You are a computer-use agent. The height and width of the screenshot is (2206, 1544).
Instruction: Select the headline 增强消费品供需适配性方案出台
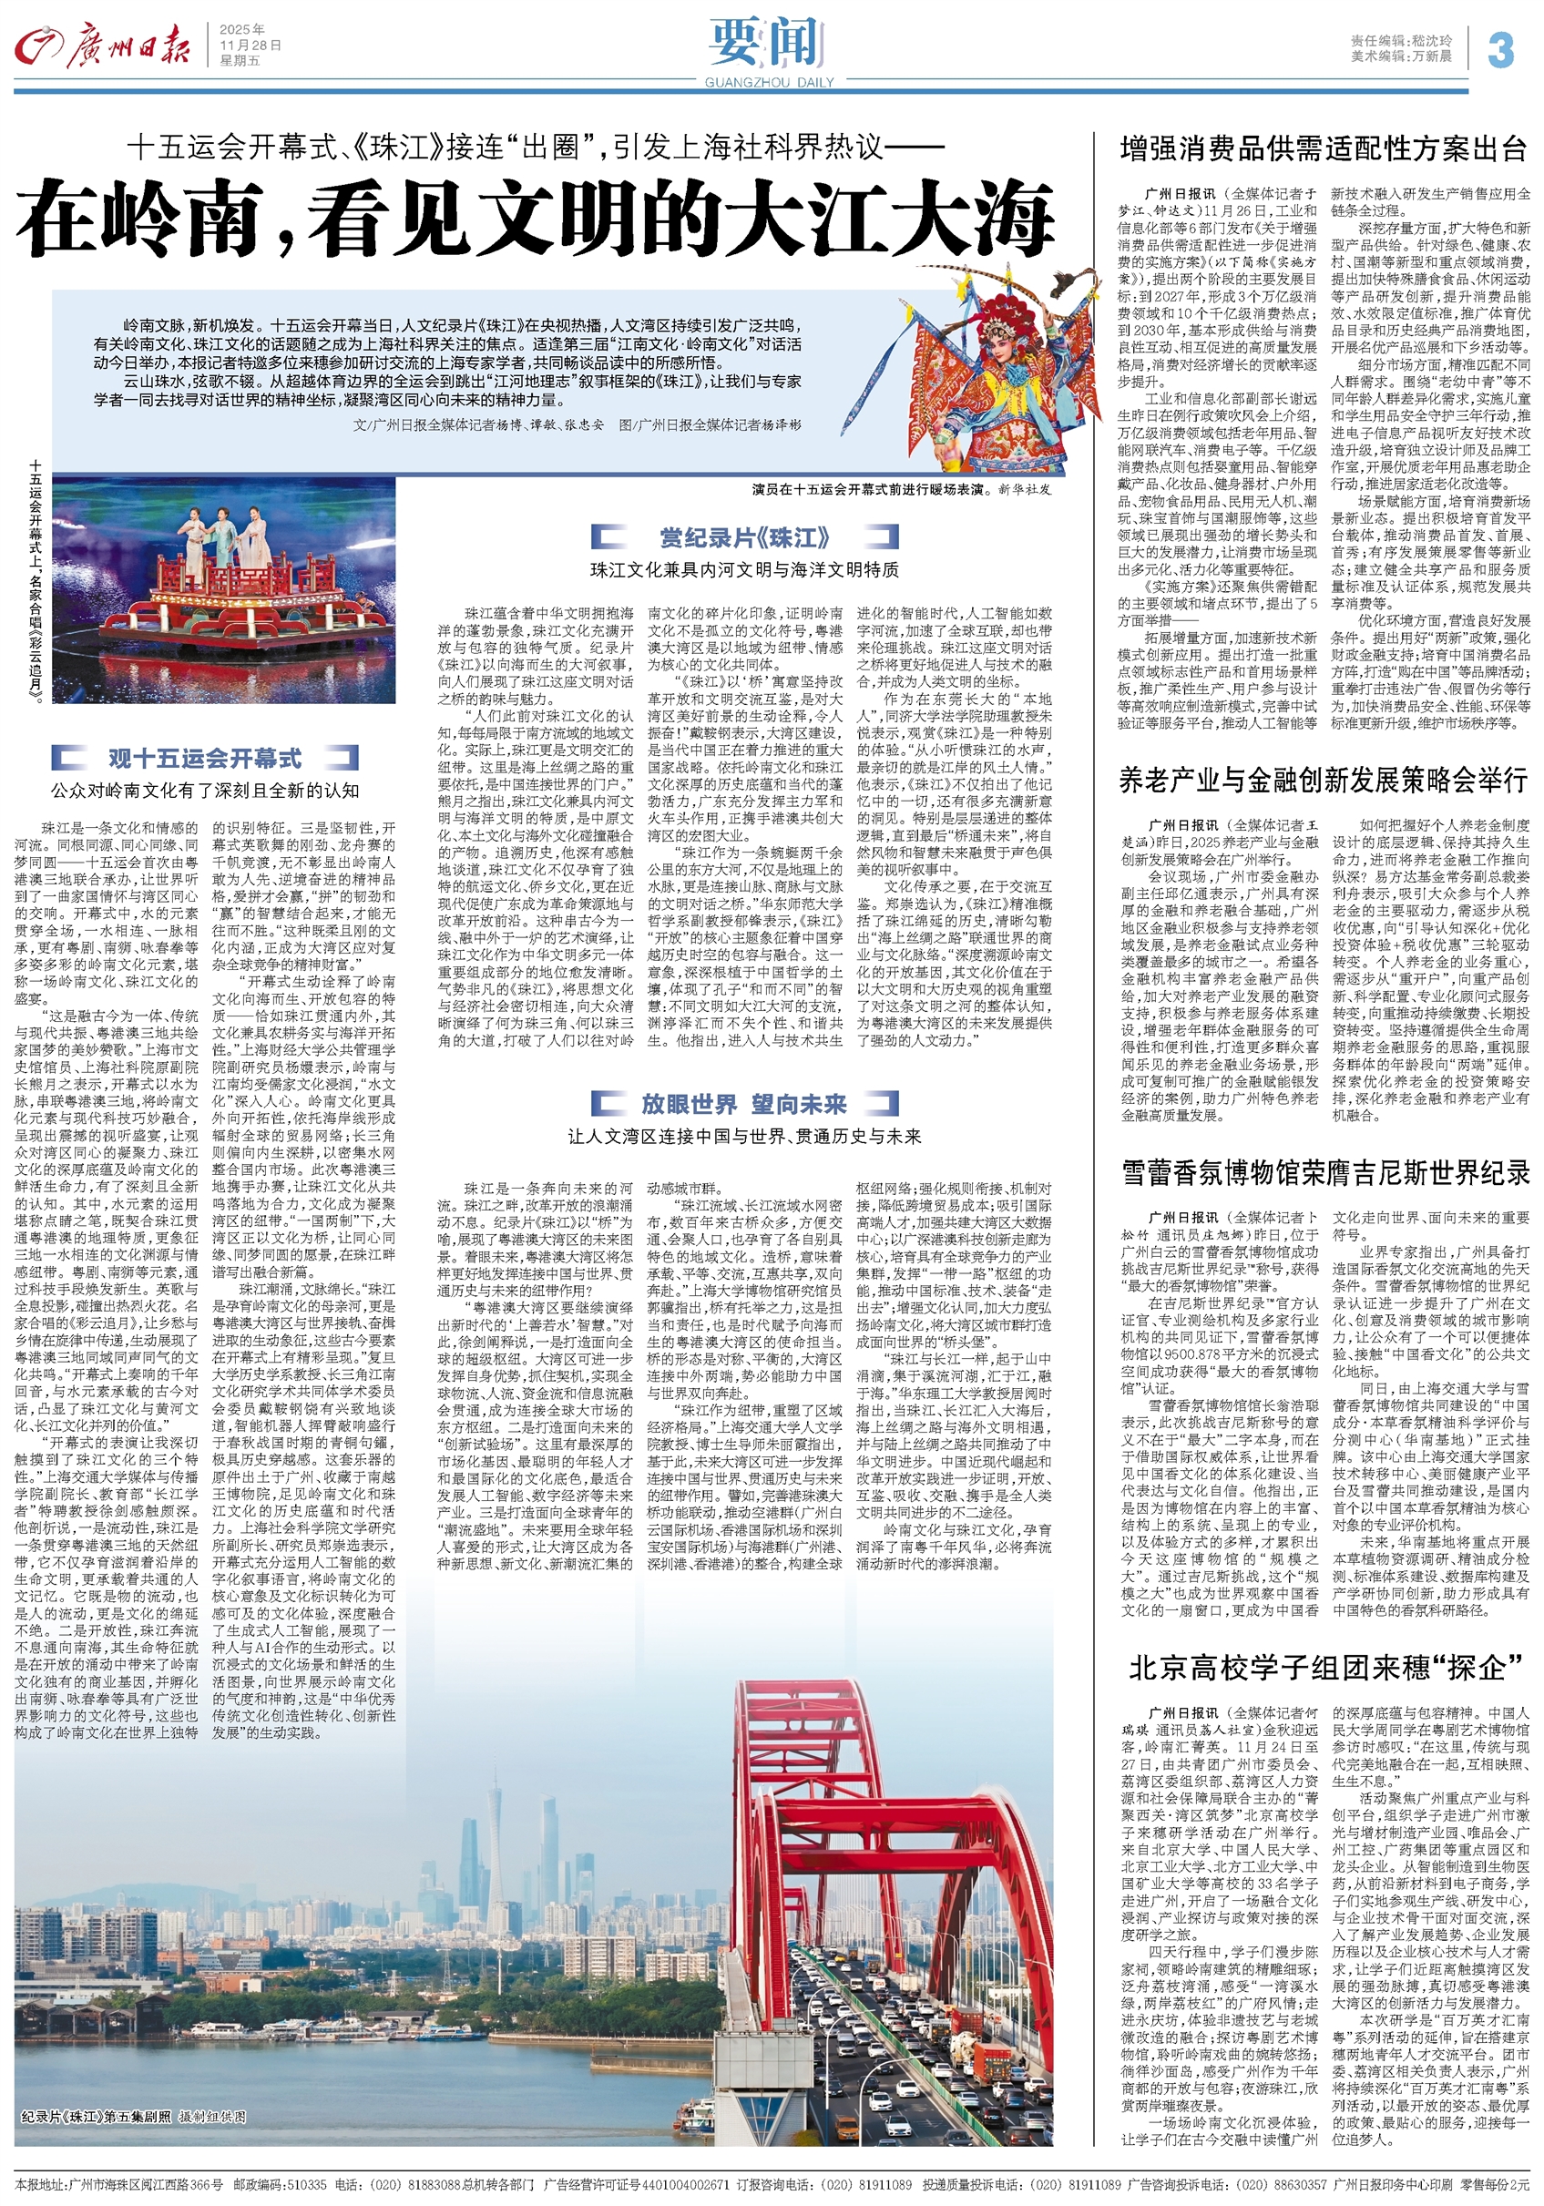pyautogui.click(x=1323, y=149)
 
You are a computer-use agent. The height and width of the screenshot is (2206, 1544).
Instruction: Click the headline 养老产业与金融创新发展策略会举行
pyautogui.click(x=1323, y=781)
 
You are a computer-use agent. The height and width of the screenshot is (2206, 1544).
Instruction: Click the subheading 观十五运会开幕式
pyautogui.click(x=205, y=759)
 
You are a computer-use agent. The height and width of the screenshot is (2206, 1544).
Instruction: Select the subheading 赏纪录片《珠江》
pyautogui.click(x=744, y=538)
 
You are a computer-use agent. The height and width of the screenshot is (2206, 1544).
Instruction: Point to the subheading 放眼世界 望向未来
pyautogui.click(x=743, y=1104)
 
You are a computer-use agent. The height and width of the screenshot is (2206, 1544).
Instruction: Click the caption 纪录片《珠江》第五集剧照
pyautogui.click(x=134, y=2117)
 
